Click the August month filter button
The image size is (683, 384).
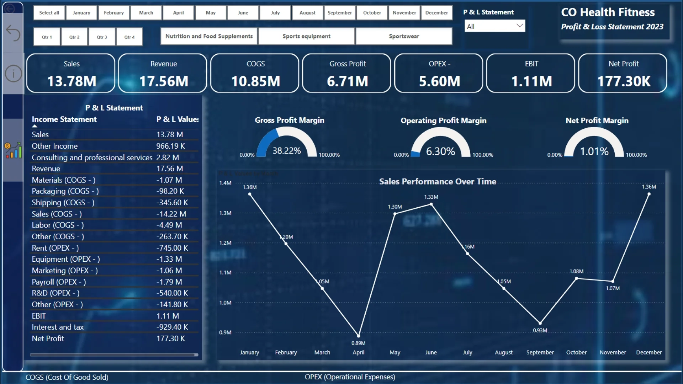(x=307, y=13)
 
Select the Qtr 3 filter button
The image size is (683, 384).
(x=102, y=37)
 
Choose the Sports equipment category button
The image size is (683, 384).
(x=306, y=36)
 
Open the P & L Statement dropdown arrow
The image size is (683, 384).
(x=519, y=26)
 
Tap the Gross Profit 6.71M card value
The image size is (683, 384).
(x=347, y=81)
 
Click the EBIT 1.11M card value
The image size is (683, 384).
(x=531, y=81)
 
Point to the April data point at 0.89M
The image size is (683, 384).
(x=359, y=336)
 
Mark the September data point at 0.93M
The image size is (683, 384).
(x=540, y=323)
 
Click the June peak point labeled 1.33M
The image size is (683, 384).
(x=431, y=204)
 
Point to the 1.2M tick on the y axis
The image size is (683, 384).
(x=225, y=243)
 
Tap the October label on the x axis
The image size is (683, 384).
(x=576, y=352)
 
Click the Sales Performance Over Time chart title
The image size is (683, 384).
(x=438, y=182)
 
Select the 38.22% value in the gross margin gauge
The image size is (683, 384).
(x=287, y=151)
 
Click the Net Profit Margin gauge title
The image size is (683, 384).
(x=597, y=121)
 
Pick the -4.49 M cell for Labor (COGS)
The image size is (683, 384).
(x=169, y=225)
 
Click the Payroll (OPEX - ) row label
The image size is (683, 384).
(x=59, y=282)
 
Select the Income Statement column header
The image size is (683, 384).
(x=64, y=119)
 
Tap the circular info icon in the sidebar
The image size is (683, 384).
(x=13, y=74)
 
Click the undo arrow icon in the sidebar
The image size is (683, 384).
(x=13, y=33)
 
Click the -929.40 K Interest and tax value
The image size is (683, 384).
(x=172, y=327)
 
